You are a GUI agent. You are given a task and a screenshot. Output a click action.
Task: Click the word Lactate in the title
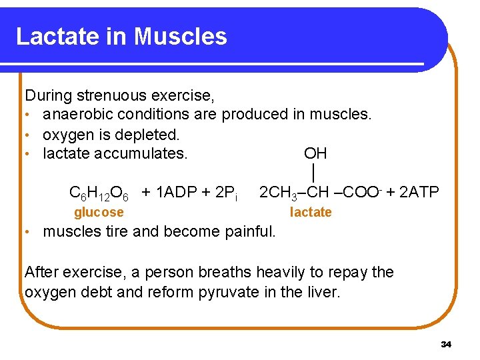point(57,36)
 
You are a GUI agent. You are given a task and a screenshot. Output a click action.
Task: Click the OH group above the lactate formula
point(315,154)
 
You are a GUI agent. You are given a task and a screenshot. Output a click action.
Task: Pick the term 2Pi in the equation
point(229,193)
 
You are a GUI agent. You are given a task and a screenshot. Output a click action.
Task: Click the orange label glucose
point(99,213)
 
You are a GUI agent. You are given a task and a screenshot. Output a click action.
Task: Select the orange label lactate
point(311,213)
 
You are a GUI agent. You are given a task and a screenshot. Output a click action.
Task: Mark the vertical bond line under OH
point(313,173)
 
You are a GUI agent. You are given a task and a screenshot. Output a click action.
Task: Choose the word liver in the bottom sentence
point(324,292)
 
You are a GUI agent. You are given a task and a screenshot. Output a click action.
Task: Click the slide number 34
point(446,345)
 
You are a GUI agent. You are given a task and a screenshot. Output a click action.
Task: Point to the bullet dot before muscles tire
point(29,232)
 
